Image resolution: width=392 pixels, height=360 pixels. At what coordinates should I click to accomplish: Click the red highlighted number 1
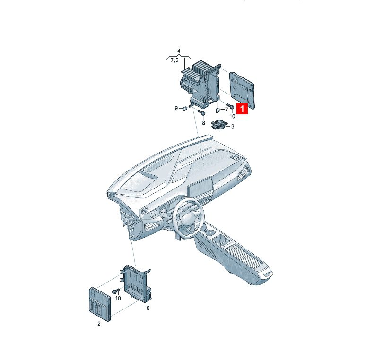242,109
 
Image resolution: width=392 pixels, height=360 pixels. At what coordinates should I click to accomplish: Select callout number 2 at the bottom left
99,324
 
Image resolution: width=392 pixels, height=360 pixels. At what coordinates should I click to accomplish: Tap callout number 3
233,127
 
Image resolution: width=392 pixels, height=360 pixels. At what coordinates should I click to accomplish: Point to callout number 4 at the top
179,51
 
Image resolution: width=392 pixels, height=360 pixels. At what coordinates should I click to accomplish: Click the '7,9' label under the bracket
174,60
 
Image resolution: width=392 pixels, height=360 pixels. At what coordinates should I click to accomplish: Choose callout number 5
148,308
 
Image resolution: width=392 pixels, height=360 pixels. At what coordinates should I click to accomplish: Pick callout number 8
203,123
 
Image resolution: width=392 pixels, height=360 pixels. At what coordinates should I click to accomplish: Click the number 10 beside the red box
232,116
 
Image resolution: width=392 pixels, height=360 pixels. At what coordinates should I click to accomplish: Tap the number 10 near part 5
118,298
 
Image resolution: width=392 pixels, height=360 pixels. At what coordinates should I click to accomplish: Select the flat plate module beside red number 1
242,90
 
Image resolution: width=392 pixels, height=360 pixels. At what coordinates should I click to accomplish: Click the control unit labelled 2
100,304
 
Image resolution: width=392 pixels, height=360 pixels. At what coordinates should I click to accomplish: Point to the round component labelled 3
219,125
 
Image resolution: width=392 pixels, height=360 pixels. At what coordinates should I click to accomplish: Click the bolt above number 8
201,112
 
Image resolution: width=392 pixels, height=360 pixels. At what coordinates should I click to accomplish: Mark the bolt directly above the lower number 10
116,291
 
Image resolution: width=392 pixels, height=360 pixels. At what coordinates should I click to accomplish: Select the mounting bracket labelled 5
136,283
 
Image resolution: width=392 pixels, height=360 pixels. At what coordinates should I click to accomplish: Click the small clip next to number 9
185,108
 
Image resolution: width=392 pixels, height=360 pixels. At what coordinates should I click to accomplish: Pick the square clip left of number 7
218,110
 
